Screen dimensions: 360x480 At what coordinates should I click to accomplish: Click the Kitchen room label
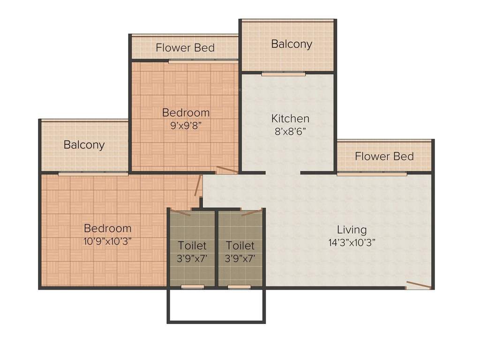click(291, 119)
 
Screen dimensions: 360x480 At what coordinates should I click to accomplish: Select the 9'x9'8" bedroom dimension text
click(186, 125)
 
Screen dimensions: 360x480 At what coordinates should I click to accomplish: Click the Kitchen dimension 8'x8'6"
click(291, 131)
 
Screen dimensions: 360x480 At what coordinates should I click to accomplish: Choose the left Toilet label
click(192, 246)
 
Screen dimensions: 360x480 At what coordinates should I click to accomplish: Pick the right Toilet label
click(240, 246)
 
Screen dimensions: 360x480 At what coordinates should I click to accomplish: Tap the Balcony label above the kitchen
click(292, 44)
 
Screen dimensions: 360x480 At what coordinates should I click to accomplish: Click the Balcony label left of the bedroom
click(84, 145)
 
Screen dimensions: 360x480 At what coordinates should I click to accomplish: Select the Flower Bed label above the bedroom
click(185, 48)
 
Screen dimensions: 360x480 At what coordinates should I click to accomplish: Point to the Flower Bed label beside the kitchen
click(384, 156)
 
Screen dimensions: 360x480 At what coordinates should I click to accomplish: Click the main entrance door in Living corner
click(418, 285)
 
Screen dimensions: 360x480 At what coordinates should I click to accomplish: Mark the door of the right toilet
click(252, 212)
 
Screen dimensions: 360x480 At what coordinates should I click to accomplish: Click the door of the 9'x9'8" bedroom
click(227, 170)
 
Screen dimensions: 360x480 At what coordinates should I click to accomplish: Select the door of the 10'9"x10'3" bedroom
click(198, 186)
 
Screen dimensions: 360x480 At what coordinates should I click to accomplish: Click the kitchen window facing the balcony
click(283, 74)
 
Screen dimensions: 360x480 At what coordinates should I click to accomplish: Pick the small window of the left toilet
click(192, 286)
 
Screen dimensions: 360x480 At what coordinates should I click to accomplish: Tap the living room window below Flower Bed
click(371, 174)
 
